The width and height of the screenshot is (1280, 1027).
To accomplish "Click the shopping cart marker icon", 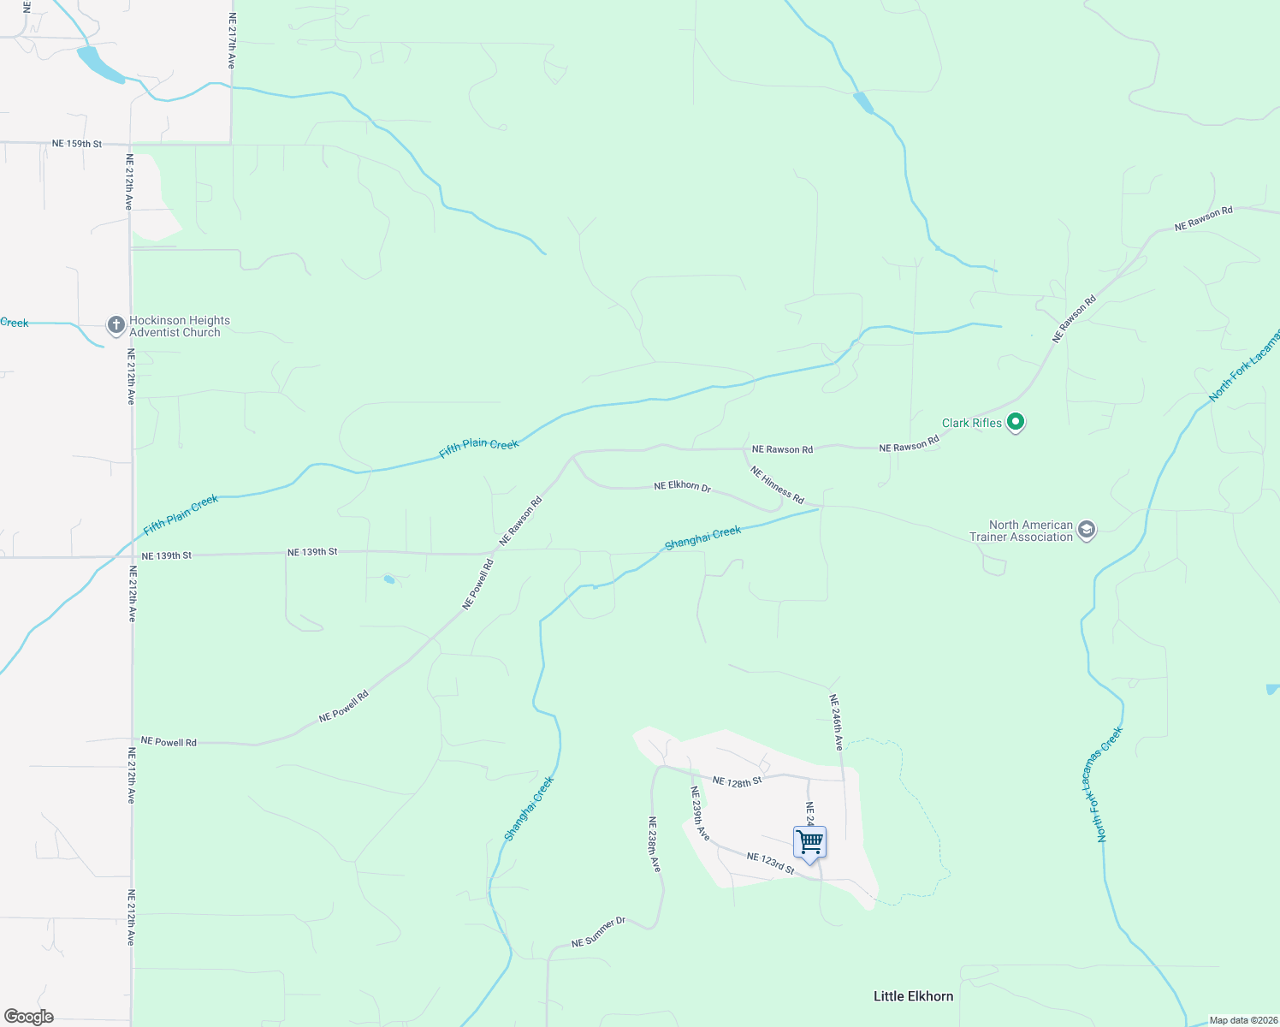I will tap(809, 842).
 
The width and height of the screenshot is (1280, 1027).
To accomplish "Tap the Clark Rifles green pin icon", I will tap(1016, 422).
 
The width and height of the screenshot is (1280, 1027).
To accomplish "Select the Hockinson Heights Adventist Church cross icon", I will tap(116, 325).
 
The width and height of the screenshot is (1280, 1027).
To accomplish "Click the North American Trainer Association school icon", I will tap(1086, 530).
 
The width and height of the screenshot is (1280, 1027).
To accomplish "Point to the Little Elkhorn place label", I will tap(913, 996).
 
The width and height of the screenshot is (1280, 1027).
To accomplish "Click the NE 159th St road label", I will tap(77, 144).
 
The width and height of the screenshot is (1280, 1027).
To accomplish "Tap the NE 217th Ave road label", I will tap(231, 41).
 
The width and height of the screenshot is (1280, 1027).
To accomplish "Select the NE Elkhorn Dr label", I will tap(682, 486).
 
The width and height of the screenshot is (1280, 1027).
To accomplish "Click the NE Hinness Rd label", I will tap(777, 484).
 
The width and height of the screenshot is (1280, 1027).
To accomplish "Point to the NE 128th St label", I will tap(737, 781).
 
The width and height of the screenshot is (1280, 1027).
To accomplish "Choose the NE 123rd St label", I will tap(770, 863).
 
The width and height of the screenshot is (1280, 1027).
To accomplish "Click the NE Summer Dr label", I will tap(598, 932).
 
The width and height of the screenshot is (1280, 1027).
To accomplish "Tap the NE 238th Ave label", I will tap(654, 844).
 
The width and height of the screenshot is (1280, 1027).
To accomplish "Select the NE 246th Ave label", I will tap(836, 722).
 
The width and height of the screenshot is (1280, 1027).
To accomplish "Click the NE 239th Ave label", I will tap(700, 813).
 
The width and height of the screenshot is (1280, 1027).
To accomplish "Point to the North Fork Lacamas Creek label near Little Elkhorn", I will tap(1110, 785).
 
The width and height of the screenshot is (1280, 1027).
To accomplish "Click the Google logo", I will tap(29, 1017).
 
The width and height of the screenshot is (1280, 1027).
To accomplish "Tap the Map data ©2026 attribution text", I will tap(1242, 1020).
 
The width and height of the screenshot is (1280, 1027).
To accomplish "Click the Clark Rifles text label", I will tap(971, 423).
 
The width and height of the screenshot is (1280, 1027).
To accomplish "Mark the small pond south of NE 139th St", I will tap(389, 579).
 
